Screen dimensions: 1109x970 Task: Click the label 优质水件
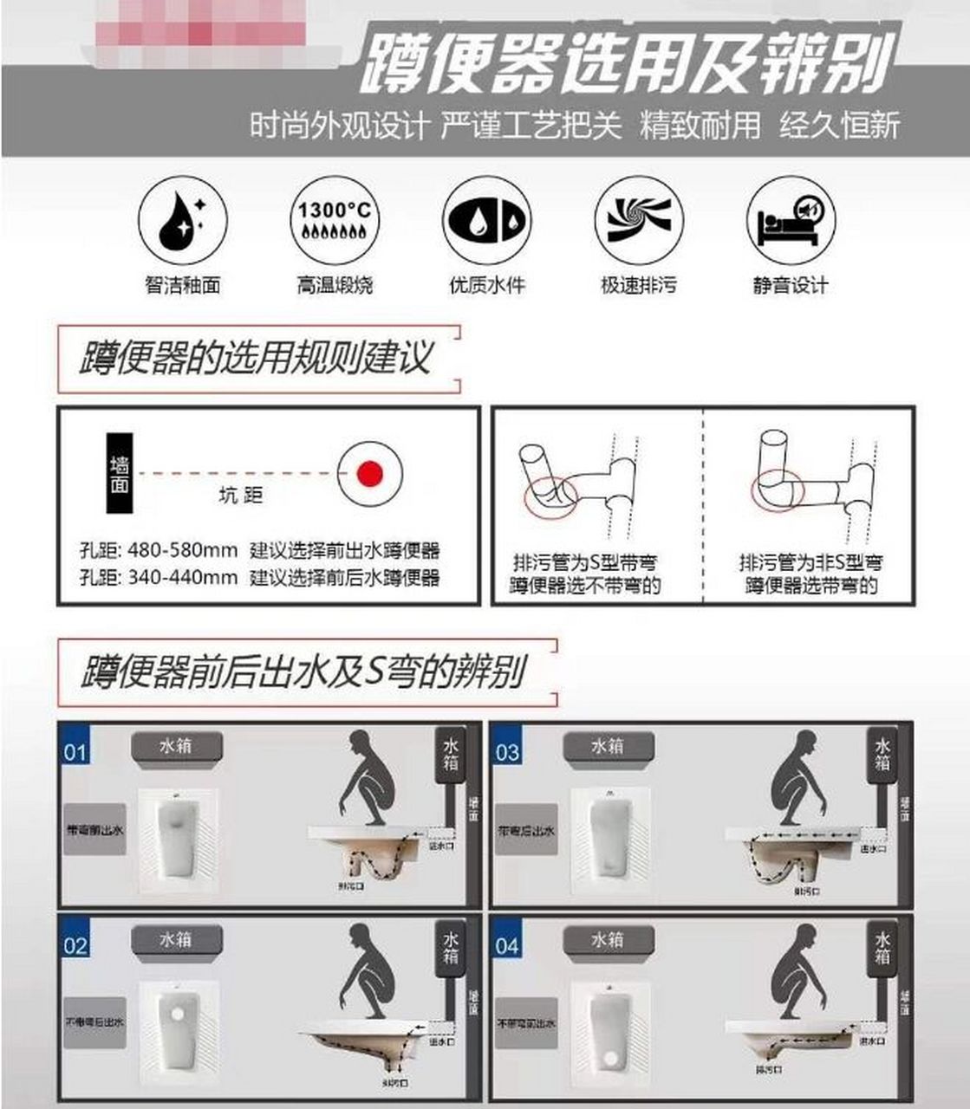click(x=487, y=285)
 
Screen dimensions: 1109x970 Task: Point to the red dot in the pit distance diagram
click(x=370, y=473)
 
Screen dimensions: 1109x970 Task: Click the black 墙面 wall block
click(x=120, y=473)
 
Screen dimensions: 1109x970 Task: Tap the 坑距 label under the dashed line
click(x=240, y=496)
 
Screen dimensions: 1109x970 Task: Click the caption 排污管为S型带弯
click(x=585, y=562)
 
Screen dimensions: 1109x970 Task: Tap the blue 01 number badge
click(x=75, y=750)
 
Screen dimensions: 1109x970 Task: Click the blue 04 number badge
click(x=507, y=944)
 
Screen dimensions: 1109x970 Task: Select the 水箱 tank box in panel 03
click(x=607, y=746)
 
